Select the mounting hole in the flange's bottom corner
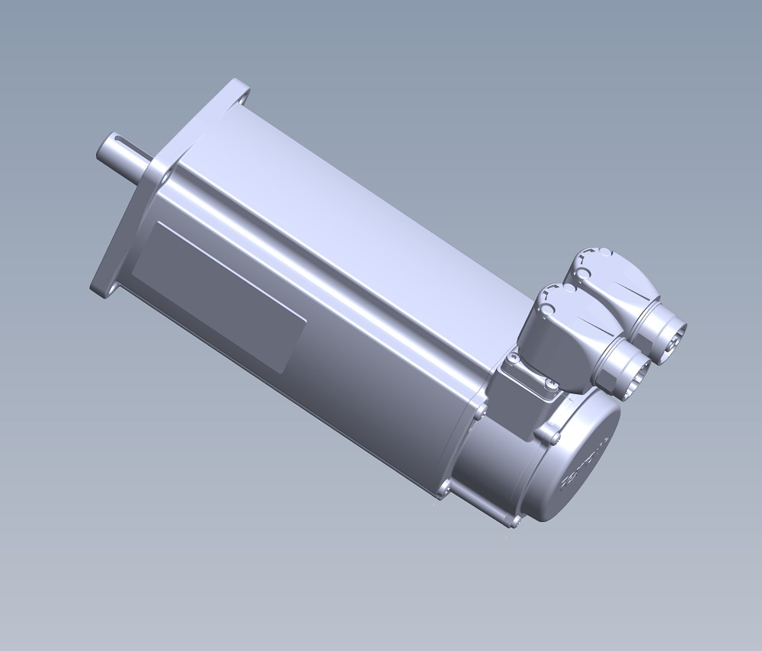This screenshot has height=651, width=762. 102,289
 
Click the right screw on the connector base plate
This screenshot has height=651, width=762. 550,387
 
